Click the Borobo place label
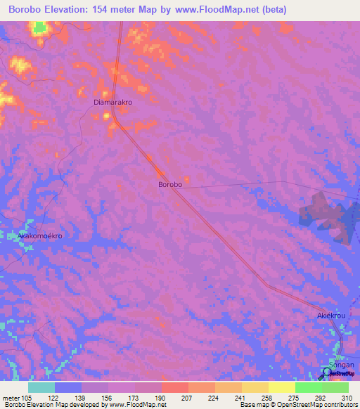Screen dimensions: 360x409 tap(170, 184)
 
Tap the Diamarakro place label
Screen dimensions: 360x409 tap(113, 102)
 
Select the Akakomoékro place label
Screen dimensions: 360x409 tap(40, 236)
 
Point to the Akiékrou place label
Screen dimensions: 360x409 tap(330, 317)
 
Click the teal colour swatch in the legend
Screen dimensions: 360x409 tap(41, 387)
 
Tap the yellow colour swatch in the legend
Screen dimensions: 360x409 tap(282, 387)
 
